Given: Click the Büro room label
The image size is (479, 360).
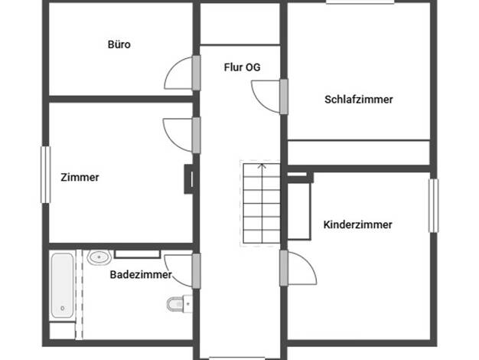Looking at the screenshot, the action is click(x=119, y=44).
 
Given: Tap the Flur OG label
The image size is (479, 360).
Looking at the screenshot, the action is click(x=242, y=67).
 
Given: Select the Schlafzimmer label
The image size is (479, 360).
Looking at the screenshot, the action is click(x=359, y=100).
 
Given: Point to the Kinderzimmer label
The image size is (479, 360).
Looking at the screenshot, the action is click(x=358, y=225).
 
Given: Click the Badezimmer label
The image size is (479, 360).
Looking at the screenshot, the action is click(x=141, y=275).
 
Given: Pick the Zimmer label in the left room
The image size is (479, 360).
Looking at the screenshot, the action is click(x=80, y=178).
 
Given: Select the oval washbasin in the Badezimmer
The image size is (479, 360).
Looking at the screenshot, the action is click(x=99, y=257).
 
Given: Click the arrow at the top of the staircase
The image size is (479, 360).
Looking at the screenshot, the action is click(x=262, y=166).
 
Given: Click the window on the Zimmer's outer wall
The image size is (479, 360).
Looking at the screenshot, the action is click(x=45, y=175).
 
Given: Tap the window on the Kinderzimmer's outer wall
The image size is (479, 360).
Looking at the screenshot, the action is click(x=434, y=205).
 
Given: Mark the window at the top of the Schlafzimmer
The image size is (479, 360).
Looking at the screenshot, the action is click(x=360, y=2).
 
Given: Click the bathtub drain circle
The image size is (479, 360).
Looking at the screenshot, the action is click(x=62, y=309).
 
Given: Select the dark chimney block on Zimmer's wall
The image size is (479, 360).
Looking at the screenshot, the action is click(x=188, y=179).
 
